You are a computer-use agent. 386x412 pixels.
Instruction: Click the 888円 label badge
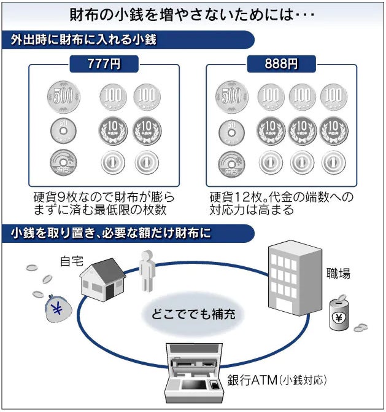point(280,63)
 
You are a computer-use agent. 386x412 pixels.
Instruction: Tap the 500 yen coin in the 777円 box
point(63,97)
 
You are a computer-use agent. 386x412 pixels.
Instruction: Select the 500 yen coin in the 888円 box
point(231,97)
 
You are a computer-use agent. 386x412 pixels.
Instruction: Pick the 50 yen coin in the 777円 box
point(62,131)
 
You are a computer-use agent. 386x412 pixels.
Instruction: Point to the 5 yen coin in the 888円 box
point(231,164)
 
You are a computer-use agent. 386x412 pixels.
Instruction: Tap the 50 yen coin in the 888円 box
point(231,131)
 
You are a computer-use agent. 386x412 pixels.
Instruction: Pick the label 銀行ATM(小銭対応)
point(277,379)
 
